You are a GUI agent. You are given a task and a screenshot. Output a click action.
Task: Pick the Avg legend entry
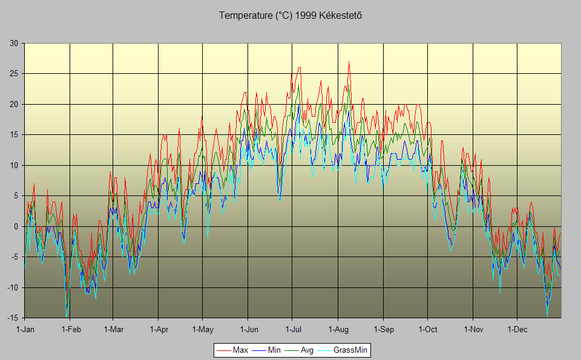[x=307, y=350]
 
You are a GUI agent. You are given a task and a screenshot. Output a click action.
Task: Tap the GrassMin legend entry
[x=351, y=350]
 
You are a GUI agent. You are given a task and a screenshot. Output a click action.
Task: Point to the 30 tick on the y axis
[x=13, y=43]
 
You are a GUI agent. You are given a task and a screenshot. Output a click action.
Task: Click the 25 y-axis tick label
[x=13, y=74]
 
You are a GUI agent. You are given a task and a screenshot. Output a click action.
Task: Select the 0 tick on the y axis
[x=16, y=226]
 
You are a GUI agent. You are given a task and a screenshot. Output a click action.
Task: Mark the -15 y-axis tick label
[x=12, y=318]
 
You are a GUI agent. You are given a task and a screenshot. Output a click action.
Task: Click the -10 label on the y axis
[x=12, y=287]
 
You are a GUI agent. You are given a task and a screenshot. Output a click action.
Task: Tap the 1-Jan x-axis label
[x=25, y=330]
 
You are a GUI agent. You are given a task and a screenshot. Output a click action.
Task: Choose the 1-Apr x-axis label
[x=158, y=330]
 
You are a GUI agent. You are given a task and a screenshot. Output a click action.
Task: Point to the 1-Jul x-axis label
[x=292, y=330]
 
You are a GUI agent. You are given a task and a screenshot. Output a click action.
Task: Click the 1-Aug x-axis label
[x=338, y=330]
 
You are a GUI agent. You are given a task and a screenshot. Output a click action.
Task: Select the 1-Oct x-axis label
[x=427, y=330]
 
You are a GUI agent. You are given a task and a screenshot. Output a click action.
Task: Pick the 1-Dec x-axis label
[x=517, y=330]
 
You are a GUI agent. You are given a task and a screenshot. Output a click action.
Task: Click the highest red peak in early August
[x=349, y=62]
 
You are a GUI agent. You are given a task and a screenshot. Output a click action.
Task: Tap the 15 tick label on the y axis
[x=13, y=134]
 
